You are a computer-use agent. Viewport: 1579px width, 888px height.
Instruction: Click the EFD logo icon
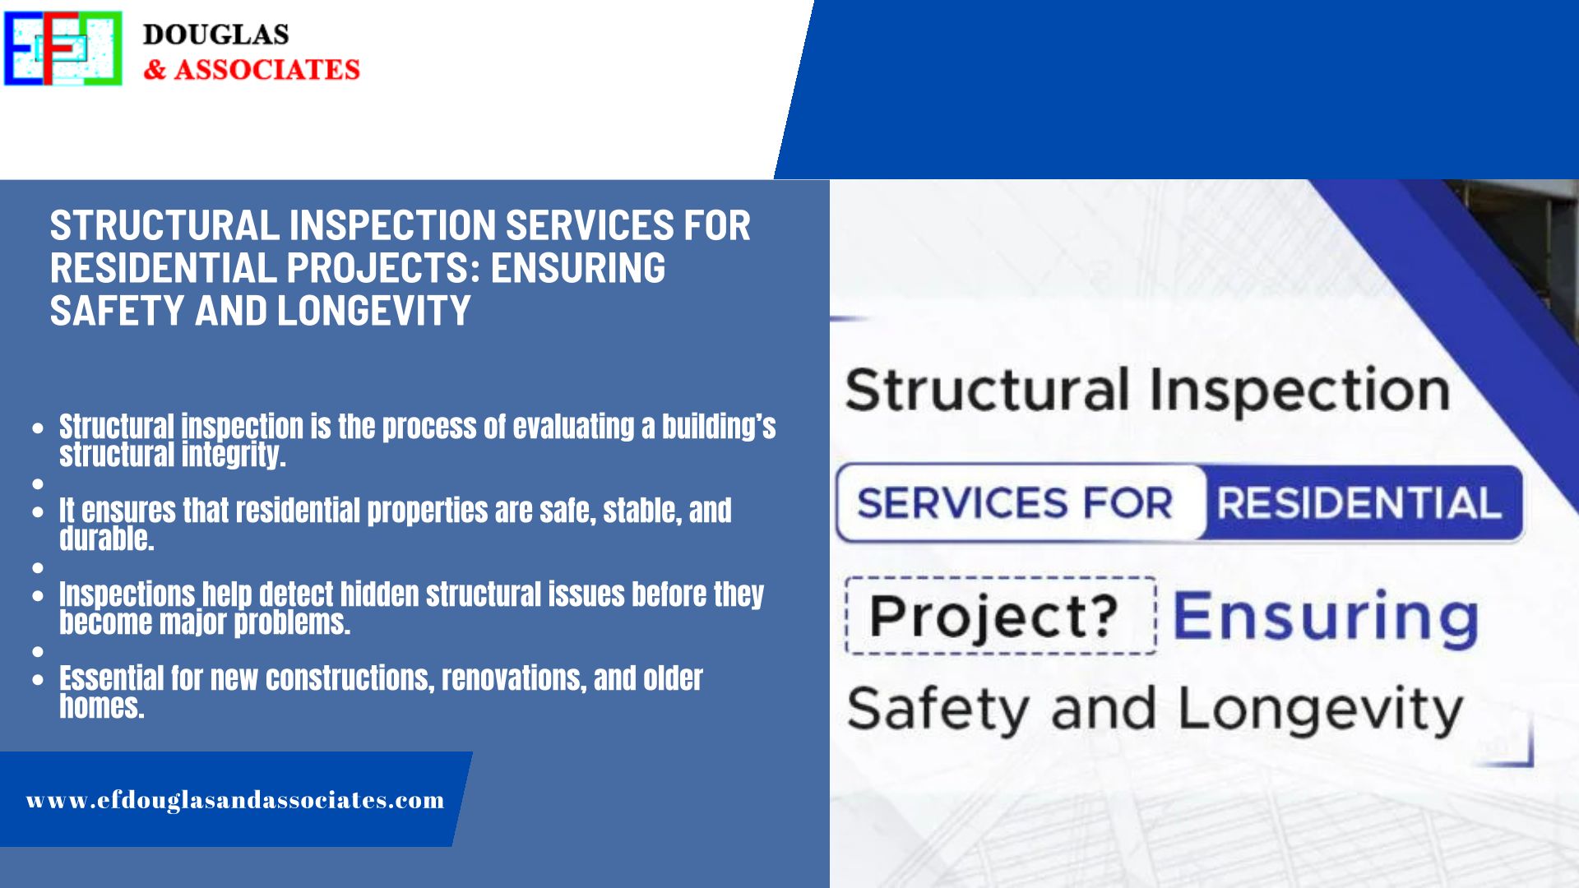(x=63, y=48)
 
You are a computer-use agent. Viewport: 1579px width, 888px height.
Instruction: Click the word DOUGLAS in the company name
(x=215, y=35)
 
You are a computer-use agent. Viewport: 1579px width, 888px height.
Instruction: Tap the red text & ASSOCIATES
(x=252, y=70)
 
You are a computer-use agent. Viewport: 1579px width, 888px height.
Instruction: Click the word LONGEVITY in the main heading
(x=374, y=311)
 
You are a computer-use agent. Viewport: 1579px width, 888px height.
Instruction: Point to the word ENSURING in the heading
(x=578, y=268)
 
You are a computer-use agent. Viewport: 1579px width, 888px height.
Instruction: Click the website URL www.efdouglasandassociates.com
(x=235, y=800)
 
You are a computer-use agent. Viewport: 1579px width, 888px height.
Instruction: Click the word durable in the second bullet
(x=107, y=539)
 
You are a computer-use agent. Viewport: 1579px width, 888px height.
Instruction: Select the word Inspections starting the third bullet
(x=127, y=594)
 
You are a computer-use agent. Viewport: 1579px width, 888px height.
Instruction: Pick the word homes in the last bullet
(x=102, y=706)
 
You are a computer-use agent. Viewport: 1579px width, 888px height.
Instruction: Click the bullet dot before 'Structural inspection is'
(x=38, y=428)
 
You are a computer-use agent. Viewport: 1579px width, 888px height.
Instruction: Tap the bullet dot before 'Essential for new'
(x=38, y=680)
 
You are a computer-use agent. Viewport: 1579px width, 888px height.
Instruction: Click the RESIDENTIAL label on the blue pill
(x=1359, y=503)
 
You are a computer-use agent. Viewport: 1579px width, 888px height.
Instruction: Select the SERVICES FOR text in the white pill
(x=1015, y=503)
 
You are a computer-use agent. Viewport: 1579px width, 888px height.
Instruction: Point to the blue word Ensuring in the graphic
(x=1325, y=617)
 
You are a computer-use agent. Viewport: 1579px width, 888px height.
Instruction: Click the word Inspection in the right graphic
(x=1300, y=391)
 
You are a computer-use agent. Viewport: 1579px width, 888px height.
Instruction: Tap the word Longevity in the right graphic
(x=1321, y=710)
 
